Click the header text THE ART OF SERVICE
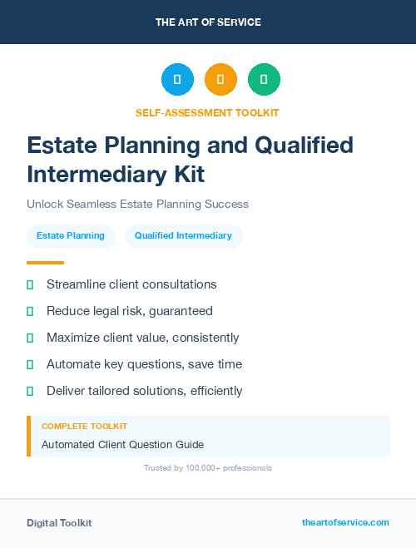(x=208, y=22)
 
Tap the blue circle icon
(x=177, y=80)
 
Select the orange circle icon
(x=220, y=80)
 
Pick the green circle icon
(x=264, y=80)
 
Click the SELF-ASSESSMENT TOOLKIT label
(x=207, y=112)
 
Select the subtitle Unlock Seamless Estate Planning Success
(x=137, y=204)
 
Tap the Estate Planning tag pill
(x=71, y=236)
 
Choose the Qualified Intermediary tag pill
(x=183, y=236)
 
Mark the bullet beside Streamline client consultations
(x=30, y=284)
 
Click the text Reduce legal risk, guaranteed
(x=130, y=311)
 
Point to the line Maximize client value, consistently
(x=142, y=338)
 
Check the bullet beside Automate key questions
(x=30, y=364)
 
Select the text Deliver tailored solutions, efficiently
(x=144, y=391)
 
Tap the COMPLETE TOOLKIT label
(x=84, y=426)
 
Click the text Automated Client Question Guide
(x=122, y=444)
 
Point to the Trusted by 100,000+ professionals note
(x=208, y=468)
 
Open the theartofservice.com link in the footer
(x=345, y=522)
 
